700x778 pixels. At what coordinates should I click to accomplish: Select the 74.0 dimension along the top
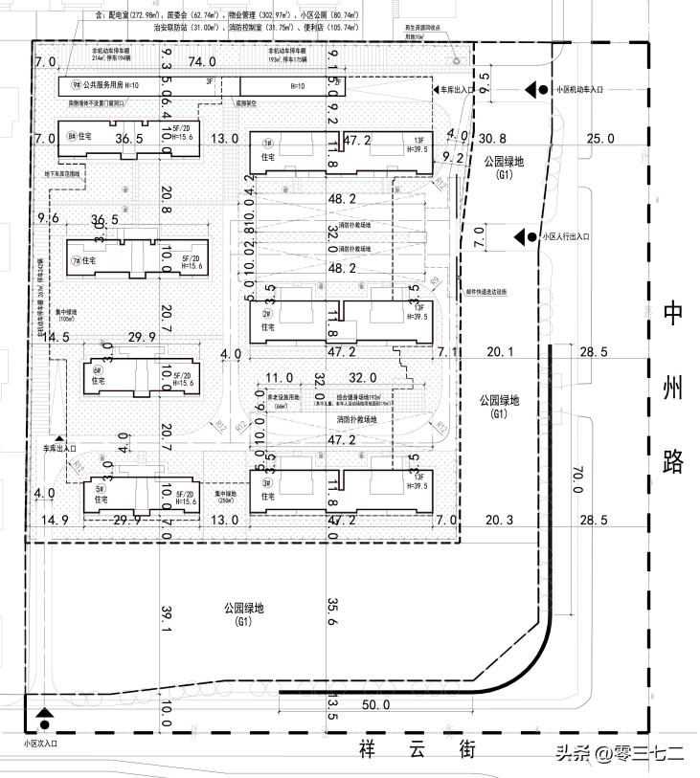click(201, 62)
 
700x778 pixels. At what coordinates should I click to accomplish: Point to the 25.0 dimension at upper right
click(599, 140)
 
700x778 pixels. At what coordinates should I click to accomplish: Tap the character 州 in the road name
click(673, 388)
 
